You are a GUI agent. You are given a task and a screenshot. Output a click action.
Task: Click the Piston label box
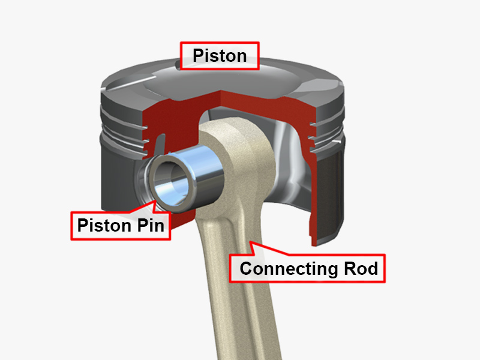click(x=220, y=56)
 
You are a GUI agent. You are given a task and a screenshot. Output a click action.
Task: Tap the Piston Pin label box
click(x=120, y=226)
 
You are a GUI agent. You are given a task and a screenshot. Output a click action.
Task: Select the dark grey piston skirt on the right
click(x=333, y=192)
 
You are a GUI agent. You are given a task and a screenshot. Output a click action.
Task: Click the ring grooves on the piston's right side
click(x=327, y=135)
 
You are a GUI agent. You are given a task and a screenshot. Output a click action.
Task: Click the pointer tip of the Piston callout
click(x=179, y=67)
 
